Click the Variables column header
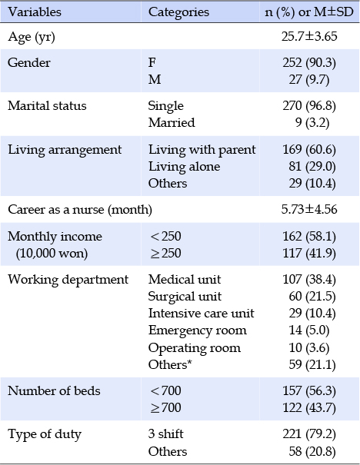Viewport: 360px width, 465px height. pyautogui.click(x=35, y=12)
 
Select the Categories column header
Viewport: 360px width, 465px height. pyautogui.click(x=178, y=12)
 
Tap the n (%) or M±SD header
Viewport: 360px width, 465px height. pyautogui.click(x=309, y=12)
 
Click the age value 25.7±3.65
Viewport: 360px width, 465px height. pyautogui.click(x=309, y=36)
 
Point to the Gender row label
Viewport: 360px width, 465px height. pyautogui.click(x=29, y=62)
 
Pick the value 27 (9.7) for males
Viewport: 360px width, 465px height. pyautogui.click(x=309, y=80)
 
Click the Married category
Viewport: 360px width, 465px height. pyautogui.click(x=172, y=122)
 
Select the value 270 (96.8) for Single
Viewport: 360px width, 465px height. pyautogui.click(x=309, y=106)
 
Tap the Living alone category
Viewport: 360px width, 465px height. pyautogui.click(x=184, y=166)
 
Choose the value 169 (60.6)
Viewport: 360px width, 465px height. pyautogui.click(x=309, y=149)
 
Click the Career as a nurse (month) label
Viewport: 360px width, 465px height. pyautogui.click(x=80, y=210)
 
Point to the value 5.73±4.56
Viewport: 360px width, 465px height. pyautogui.click(x=309, y=209)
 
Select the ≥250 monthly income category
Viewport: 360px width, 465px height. pyautogui.click(x=165, y=254)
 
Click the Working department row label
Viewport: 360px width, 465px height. pyautogui.click(x=68, y=280)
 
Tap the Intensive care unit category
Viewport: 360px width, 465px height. pyautogui.click(x=202, y=314)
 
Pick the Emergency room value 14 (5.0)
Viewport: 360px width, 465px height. pyautogui.click(x=309, y=330)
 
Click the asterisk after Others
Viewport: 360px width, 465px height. pyautogui.click(x=189, y=362)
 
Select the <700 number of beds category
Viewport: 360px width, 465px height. pyautogui.click(x=165, y=391)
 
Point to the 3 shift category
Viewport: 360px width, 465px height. pyautogui.click(x=165, y=434)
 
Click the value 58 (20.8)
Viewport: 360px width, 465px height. pyautogui.click(x=312, y=452)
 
